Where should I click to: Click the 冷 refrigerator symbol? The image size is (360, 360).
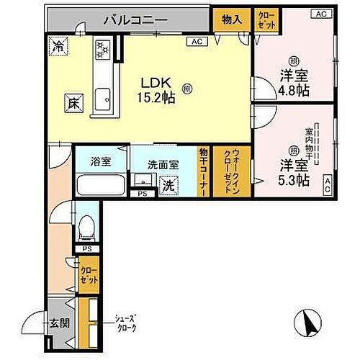point(58,46)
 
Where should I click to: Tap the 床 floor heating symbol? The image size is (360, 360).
point(73,104)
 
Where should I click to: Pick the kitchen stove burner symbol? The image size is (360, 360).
point(102,49)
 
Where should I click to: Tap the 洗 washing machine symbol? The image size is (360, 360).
point(167,186)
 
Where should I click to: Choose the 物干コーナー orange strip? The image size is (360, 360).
point(204,171)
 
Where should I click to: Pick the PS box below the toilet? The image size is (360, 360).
point(86,249)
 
